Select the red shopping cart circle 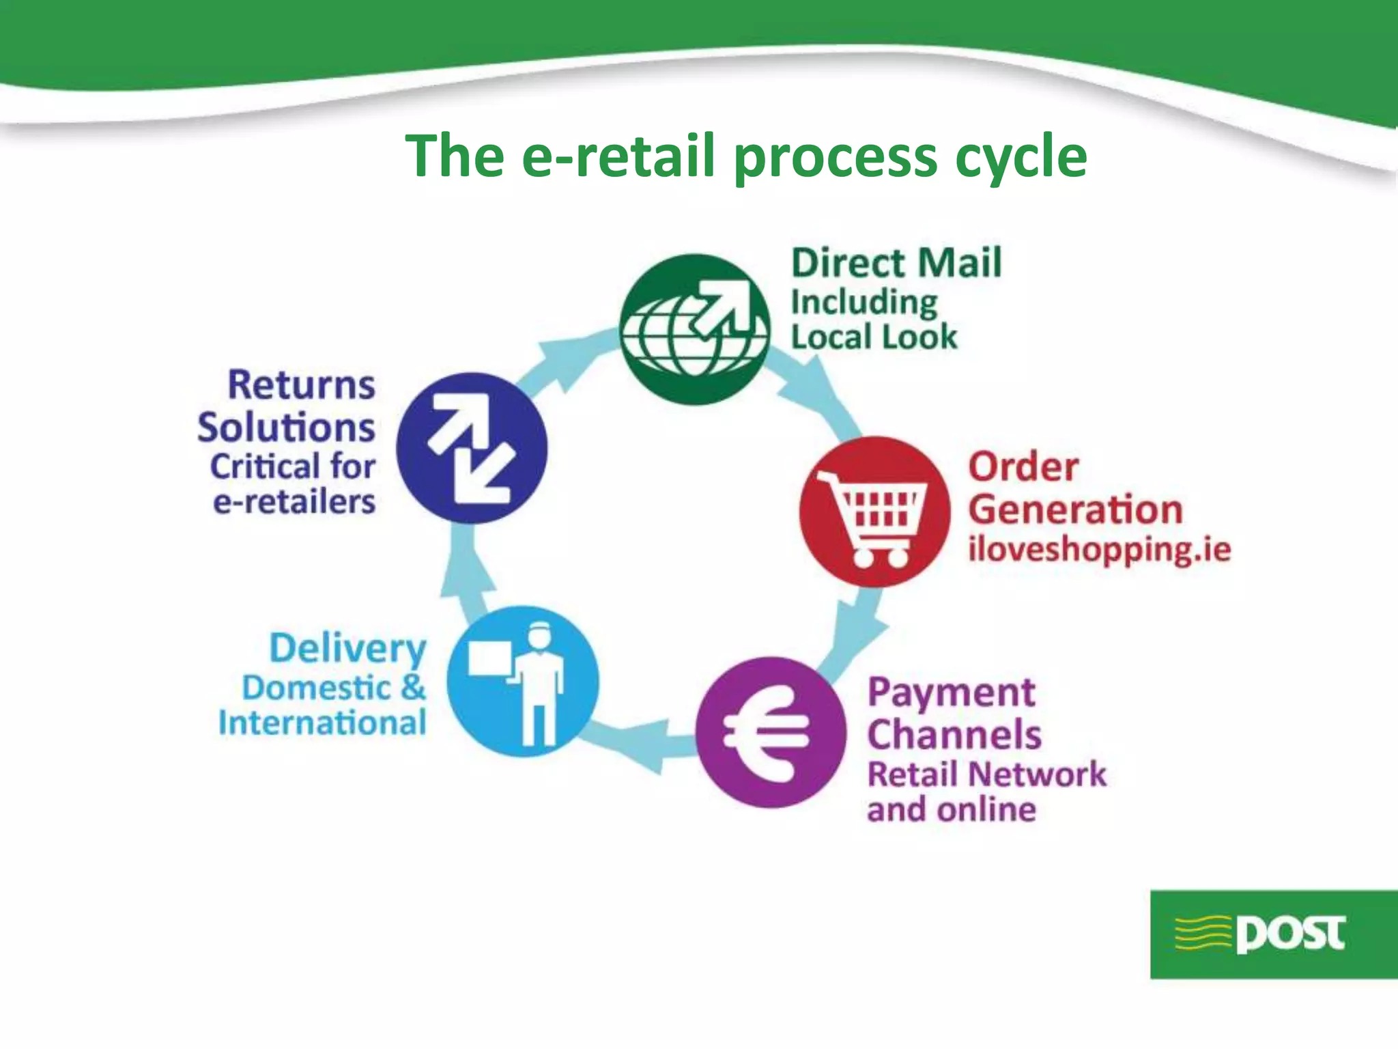874,512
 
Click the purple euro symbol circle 771,732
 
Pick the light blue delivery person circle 523,682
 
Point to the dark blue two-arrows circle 472,448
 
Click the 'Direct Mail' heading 896,263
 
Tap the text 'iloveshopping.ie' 1099,550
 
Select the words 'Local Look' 874,337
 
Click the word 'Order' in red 1023,468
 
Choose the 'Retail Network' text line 986,774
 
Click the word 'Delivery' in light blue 347,648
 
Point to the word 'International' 322,723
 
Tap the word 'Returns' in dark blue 301,385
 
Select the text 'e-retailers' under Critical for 294,502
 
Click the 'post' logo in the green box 1274,934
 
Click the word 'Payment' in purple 952,693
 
